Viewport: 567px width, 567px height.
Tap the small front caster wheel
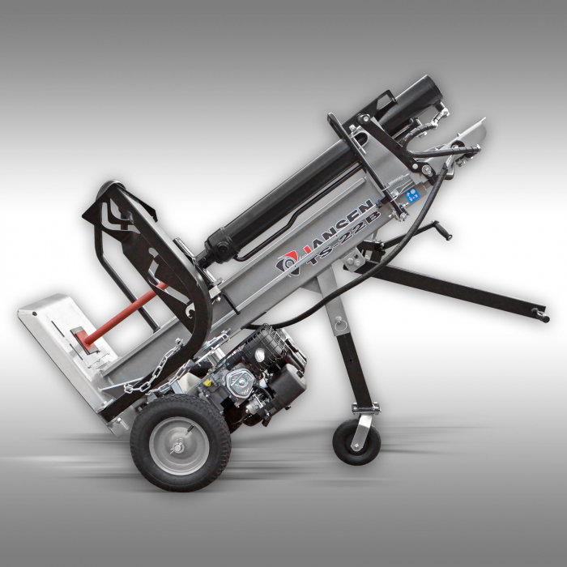point(354,441)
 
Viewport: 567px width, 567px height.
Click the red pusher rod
point(122,313)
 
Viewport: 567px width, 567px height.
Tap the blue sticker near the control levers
point(412,193)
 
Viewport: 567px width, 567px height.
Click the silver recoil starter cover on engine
point(243,381)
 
